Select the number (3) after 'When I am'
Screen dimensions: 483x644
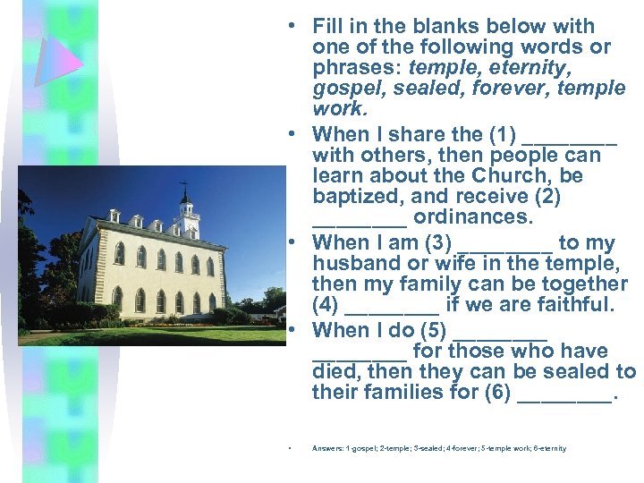437,242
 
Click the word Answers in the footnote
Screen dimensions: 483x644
325,448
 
